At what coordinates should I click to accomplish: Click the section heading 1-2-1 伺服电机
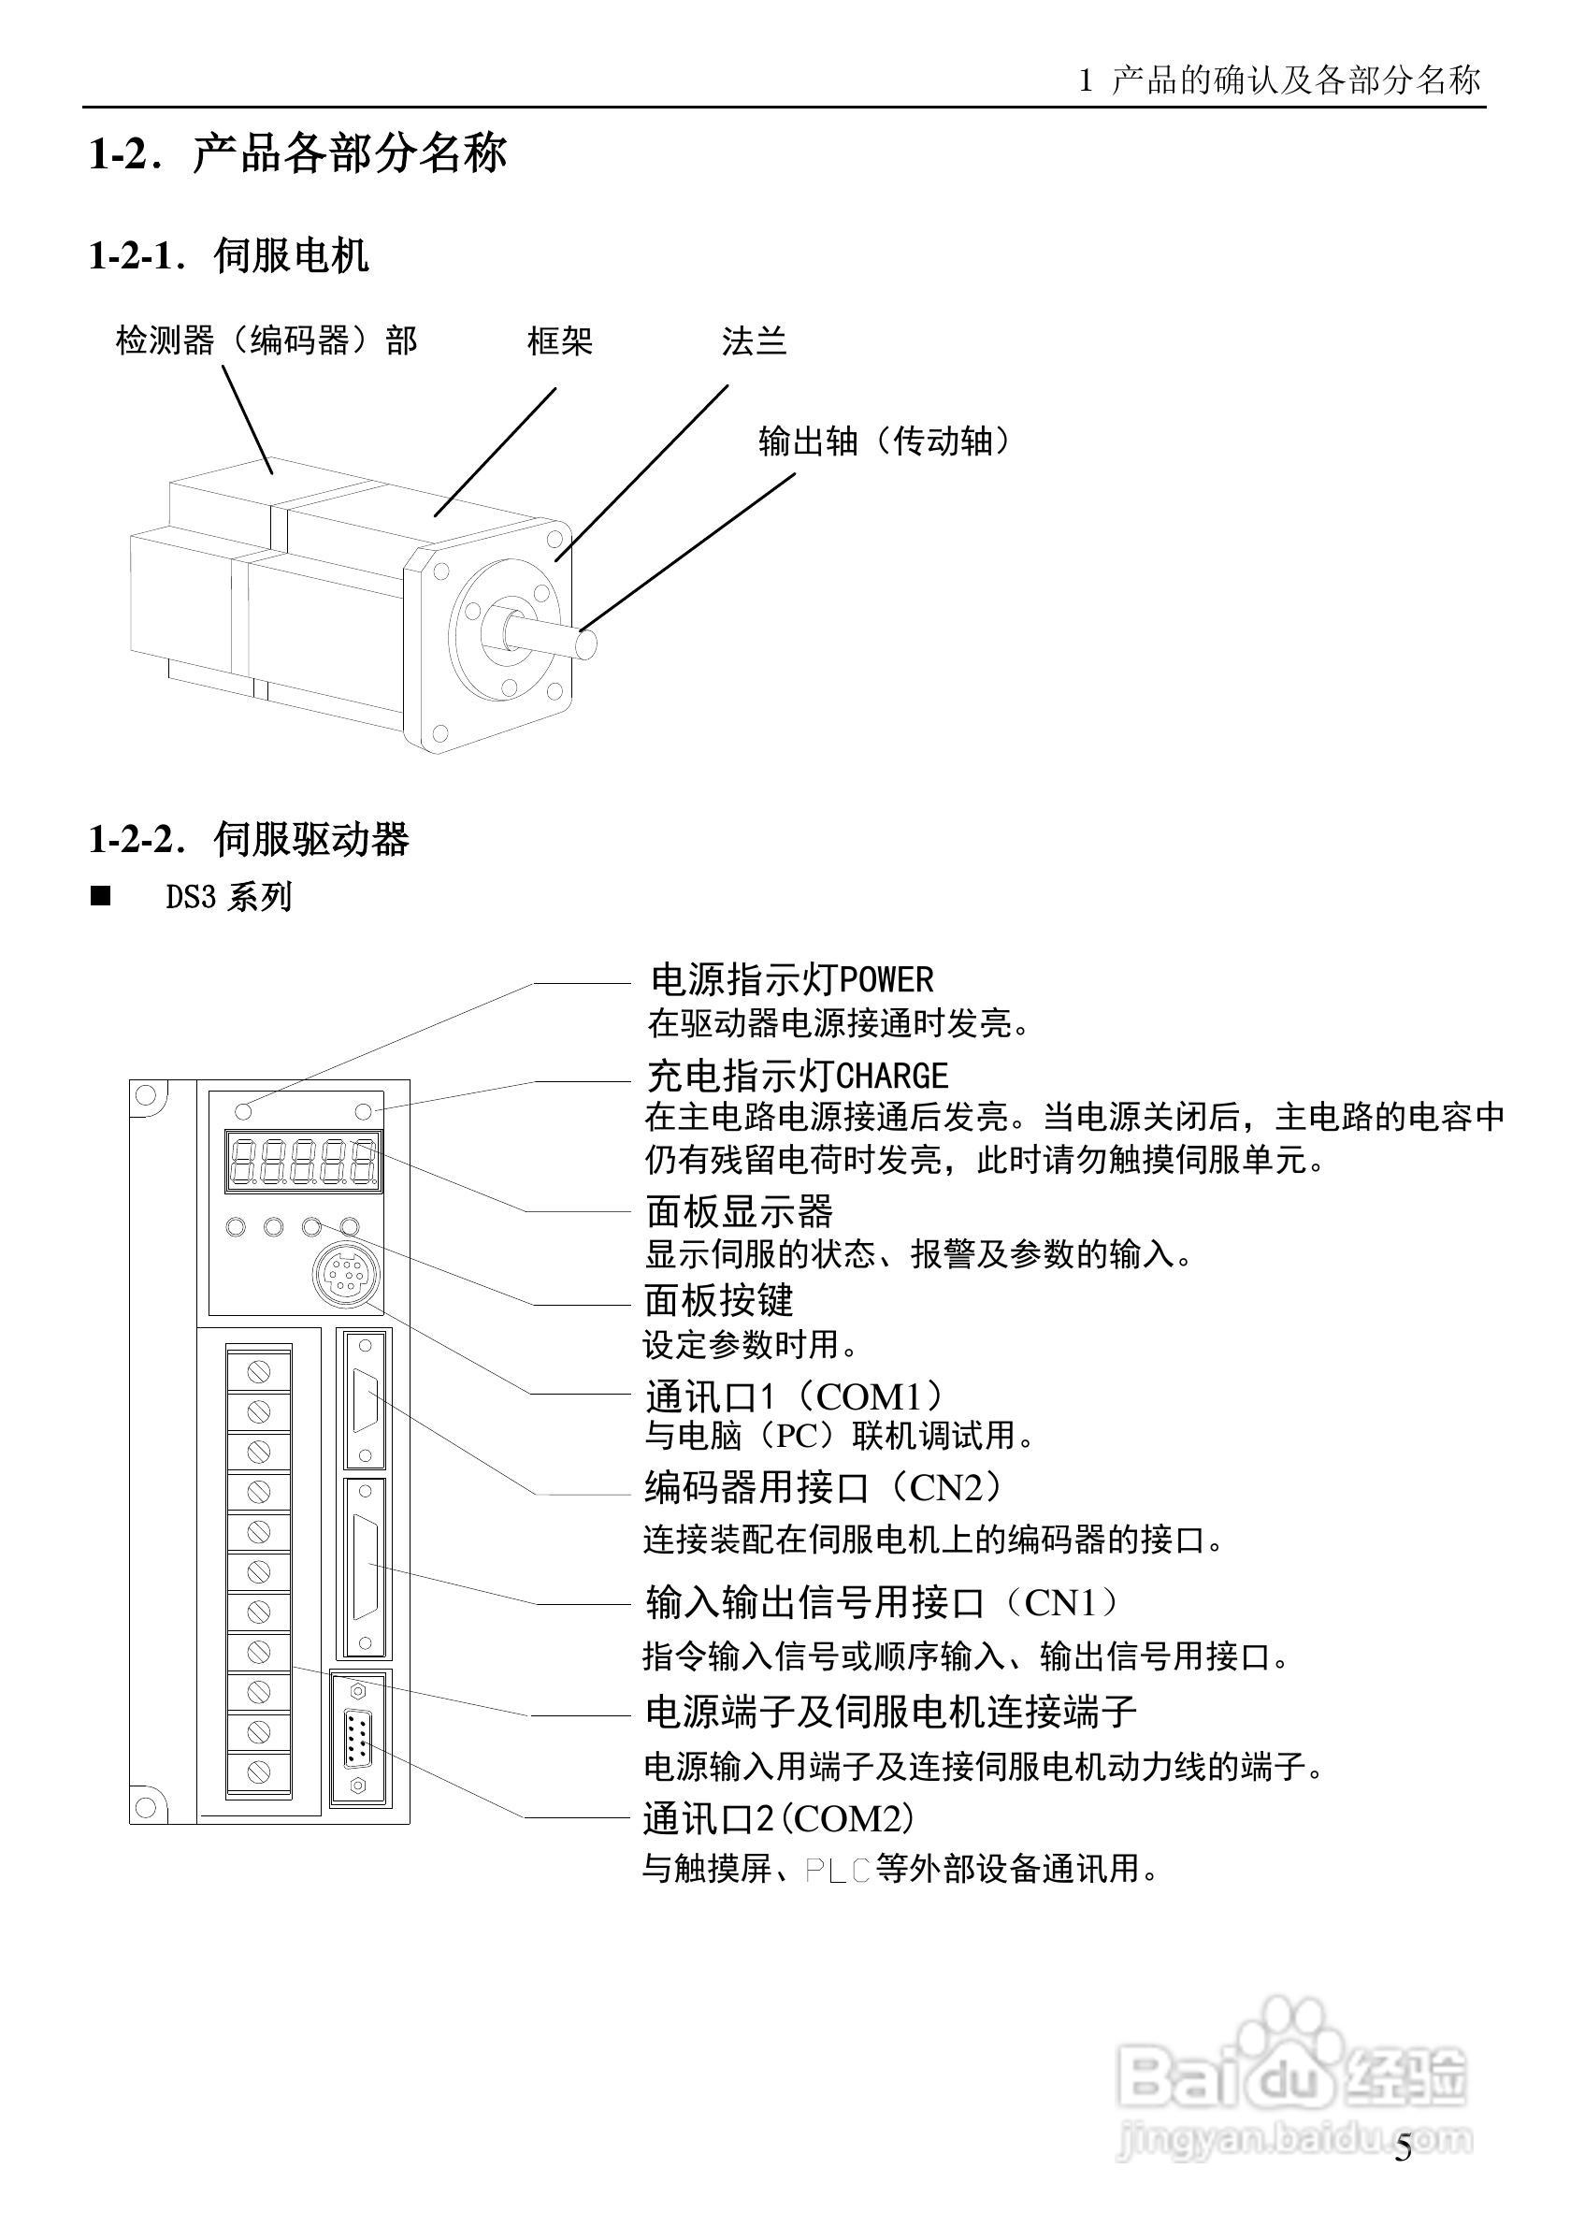coord(229,256)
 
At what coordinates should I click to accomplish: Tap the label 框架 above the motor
coord(559,341)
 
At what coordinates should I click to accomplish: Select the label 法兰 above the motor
coord(754,341)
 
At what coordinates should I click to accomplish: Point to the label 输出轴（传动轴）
coord(885,442)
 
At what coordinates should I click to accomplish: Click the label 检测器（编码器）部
coord(266,341)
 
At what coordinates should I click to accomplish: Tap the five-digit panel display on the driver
coord(303,1161)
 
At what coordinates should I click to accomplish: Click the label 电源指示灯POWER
coord(791,979)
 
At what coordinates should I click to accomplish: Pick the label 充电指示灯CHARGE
coord(797,1076)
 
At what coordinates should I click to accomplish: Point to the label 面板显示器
coord(739,1211)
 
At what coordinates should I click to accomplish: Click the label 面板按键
coord(718,1301)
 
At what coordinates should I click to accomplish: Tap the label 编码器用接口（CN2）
coord(826,1486)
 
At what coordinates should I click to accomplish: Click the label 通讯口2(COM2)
coord(779,1818)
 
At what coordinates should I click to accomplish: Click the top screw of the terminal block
coord(258,1370)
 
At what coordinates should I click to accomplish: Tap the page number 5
coord(1404,2177)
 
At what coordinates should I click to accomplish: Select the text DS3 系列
coord(229,896)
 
